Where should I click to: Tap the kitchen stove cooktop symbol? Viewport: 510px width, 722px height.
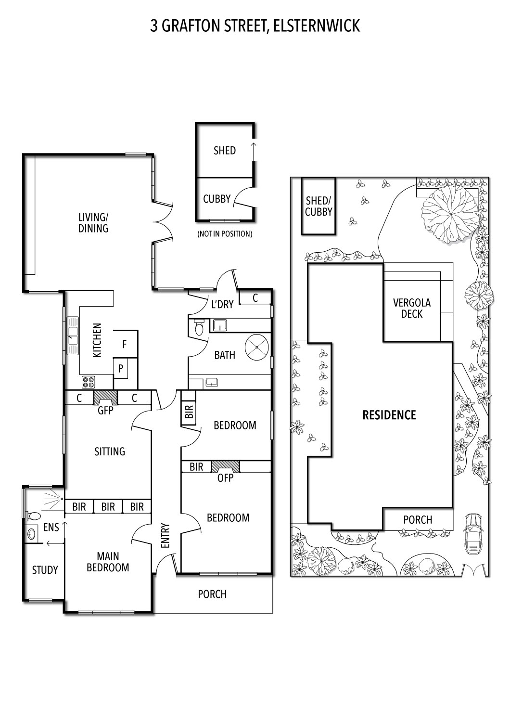[88, 382]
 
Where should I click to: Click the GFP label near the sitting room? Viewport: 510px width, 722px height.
[105, 410]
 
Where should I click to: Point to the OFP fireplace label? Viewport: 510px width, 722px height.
[225, 477]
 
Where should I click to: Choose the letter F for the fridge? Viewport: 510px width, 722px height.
[124, 345]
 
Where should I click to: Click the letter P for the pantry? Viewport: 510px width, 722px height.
[120, 368]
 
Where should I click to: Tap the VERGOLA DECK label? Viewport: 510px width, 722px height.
[412, 308]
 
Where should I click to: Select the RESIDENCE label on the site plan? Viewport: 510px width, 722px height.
[389, 415]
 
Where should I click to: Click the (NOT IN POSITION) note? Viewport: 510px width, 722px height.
[225, 233]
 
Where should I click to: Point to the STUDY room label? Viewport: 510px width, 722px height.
[45, 570]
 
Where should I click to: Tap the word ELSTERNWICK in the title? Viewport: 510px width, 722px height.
[317, 26]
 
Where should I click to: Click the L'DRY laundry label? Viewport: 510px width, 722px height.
[222, 304]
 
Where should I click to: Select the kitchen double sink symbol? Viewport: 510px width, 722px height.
[73, 336]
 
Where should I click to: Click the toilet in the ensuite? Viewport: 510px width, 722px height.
[33, 516]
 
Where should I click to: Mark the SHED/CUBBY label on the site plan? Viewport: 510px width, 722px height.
[319, 206]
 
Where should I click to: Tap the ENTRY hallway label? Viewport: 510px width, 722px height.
[165, 535]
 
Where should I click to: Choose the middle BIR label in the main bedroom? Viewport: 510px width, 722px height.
[108, 507]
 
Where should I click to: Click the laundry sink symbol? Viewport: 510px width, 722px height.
[219, 325]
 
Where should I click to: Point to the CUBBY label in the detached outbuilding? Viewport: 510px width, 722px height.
[217, 199]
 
